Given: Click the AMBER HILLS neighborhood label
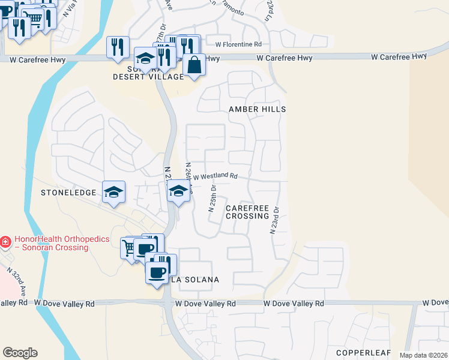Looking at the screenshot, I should (257, 109).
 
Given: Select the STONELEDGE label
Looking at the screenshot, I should (68, 193).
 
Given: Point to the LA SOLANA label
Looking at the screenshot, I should (195, 280).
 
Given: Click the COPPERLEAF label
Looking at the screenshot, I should (363, 352).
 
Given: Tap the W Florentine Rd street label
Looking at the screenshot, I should (239, 44).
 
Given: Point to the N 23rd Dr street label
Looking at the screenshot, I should (277, 220).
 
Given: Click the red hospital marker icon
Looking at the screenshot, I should (5, 242).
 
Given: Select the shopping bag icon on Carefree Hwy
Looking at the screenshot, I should (194, 64).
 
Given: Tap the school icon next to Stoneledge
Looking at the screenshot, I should (113, 192).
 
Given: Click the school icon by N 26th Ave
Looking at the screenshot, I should (178, 192).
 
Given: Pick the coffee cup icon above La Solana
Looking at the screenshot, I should (157, 272).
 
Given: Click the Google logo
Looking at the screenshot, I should (20, 353).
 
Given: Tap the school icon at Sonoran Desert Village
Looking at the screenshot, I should (145, 58).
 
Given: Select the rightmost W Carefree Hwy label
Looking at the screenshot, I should (393, 58).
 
